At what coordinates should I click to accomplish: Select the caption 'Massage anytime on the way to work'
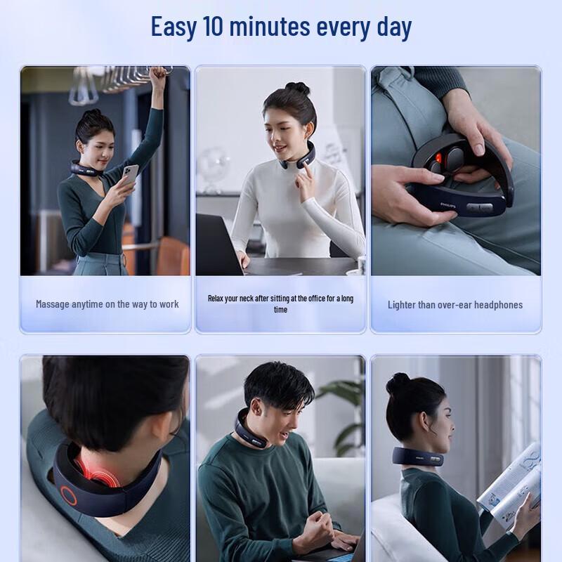[107, 304]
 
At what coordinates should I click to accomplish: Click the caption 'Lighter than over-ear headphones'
[455, 304]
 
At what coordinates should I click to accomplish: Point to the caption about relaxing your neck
[280, 303]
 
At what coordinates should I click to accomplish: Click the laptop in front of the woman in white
[218, 242]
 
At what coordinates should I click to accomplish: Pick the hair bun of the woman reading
[398, 383]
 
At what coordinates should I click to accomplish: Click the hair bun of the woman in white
[297, 89]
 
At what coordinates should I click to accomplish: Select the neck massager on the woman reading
[417, 456]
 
